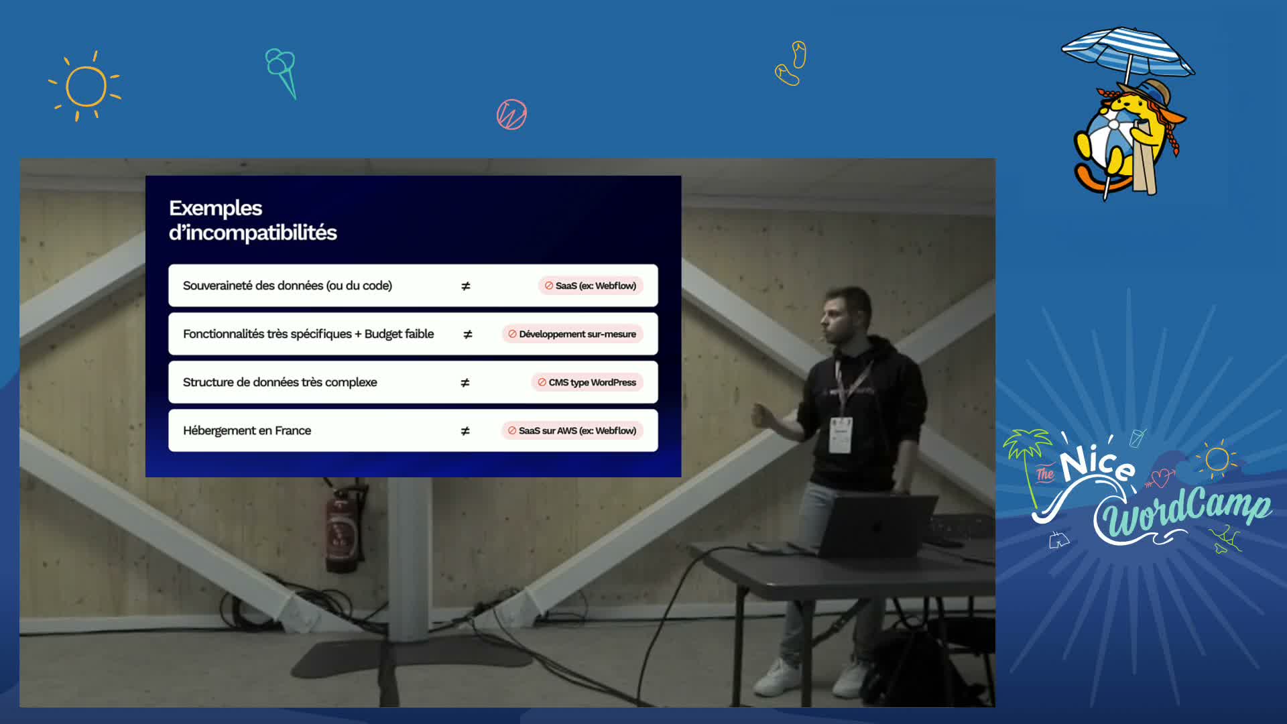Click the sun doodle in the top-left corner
tap(86, 86)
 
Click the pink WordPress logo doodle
tap(511, 115)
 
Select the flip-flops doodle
tap(791, 64)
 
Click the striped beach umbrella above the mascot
tap(1127, 52)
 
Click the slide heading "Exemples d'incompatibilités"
tap(253, 220)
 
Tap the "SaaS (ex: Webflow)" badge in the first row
tap(591, 286)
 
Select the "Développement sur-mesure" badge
tap(572, 334)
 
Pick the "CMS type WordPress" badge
tap(587, 382)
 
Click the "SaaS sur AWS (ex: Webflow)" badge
tap(572, 430)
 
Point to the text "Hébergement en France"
tap(247, 430)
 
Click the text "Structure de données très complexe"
tap(280, 382)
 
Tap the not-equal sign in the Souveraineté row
tap(466, 286)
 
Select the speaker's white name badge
tap(841, 434)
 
